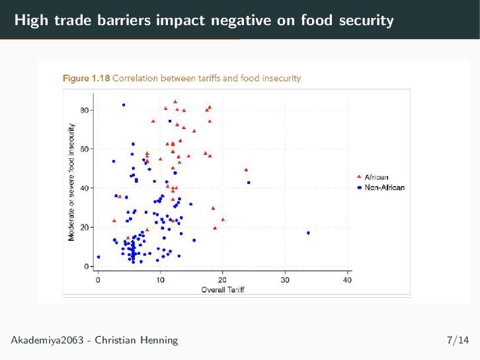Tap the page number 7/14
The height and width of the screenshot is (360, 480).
click(x=458, y=341)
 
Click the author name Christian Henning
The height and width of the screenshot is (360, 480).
click(x=136, y=341)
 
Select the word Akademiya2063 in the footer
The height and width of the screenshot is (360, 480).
click(x=48, y=341)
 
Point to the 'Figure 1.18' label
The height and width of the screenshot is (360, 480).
click(x=86, y=78)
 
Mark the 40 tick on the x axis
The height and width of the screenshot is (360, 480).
click(x=348, y=280)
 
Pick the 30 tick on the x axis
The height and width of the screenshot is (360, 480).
click(x=285, y=280)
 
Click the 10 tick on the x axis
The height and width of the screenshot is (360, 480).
click(x=161, y=280)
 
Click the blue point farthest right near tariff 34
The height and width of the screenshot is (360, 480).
click(x=308, y=233)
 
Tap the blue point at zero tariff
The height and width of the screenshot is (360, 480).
click(x=99, y=257)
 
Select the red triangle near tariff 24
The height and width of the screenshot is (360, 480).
click(x=246, y=169)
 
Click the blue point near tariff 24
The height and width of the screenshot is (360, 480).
click(x=249, y=183)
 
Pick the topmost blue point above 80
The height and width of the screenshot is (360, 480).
click(x=124, y=105)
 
